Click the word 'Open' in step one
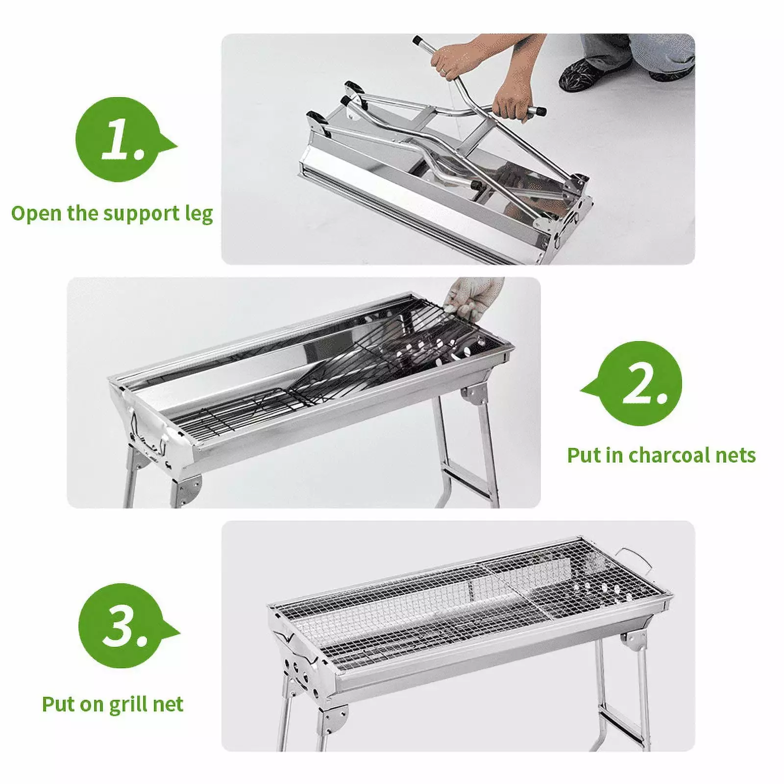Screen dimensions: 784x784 (36, 214)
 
